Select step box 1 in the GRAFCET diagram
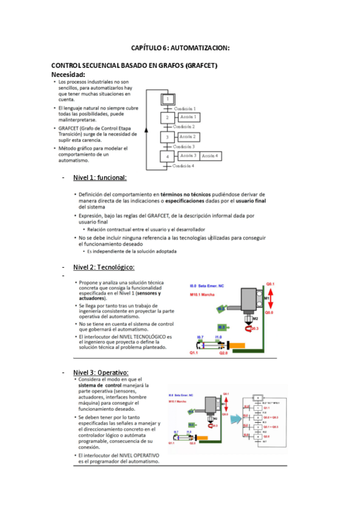point(168,99)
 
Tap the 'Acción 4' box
point(210,156)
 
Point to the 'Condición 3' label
point(184,146)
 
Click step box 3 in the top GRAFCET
point(168,137)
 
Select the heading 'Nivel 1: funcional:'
point(100,178)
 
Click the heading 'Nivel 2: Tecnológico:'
point(103,267)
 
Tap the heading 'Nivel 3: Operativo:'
point(101,372)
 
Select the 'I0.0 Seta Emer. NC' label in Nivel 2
point(206,286)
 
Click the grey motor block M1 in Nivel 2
point(250,297)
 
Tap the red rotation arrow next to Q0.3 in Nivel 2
point(249,328)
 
